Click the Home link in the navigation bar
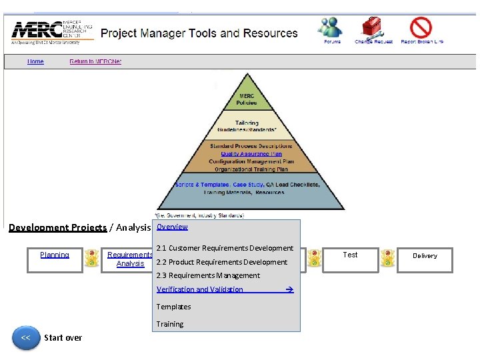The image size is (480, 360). (x=35, y=62)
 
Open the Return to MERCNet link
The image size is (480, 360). (x=95, y=62)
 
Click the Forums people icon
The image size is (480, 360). (x=331, y=28)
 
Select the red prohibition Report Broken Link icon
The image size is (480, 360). (x=421, y=28)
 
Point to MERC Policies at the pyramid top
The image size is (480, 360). (x=247, y=100)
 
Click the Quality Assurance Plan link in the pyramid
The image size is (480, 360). (x=251, y=154)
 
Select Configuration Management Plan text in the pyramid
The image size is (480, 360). (x=251, y=162)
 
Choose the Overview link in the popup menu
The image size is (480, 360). (x=172, y=227)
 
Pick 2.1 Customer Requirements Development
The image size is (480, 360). (x=225, y=248)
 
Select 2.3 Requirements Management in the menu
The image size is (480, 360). (x=208, y=275)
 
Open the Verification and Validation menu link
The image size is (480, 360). (x=200, y=289)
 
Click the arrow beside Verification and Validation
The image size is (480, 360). (x=289, y=289)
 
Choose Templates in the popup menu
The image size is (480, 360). (x=173, y=307)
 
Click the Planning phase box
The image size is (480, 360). (x=55, y=259)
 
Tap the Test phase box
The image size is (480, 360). (x=350, y=259)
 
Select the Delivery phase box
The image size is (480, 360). (x=425, y=259)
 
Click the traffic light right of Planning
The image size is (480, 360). (x=93, y=259)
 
